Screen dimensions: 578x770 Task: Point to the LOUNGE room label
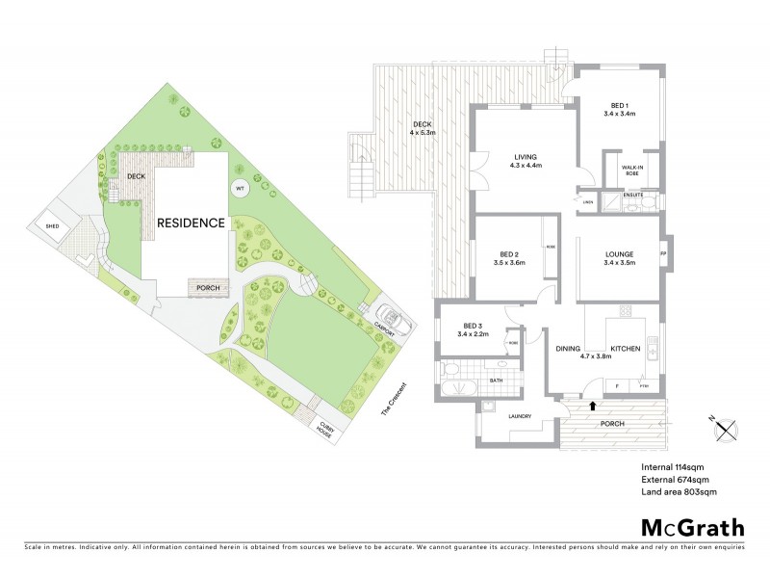point(619,255)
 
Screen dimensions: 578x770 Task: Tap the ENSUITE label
point(632,194)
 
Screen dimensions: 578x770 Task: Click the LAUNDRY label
point(520,415)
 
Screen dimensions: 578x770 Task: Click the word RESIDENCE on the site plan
point(192,223)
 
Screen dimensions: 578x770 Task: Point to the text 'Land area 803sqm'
point(678,492)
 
